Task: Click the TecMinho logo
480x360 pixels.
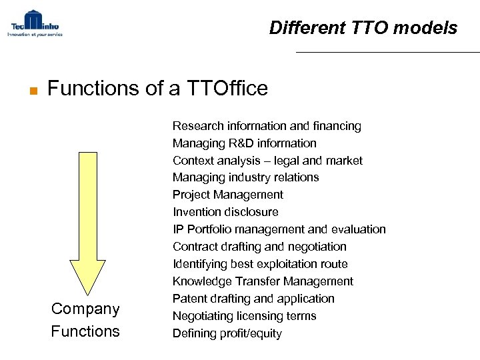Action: [x=35, y=23]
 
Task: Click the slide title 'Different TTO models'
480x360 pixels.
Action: [x=363, y=28]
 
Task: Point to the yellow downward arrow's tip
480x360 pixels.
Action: [x=88, y=294]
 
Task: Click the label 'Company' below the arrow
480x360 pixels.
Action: [x=85, y=309]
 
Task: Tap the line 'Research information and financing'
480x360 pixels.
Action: [x=267, y=126]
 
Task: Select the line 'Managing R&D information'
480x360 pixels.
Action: [x=245, y=143]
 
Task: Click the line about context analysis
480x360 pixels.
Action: [x=267, y=161]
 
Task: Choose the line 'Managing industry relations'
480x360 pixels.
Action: [x=245, y=177]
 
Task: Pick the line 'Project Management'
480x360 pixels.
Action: [x=228, y=195]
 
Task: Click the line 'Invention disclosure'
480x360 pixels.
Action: [x=225, y=212]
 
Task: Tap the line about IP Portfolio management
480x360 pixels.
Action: [x=279, y=229]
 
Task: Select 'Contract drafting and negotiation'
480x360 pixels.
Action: [x=259, y=247]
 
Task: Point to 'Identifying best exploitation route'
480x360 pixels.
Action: [x=260, y=264]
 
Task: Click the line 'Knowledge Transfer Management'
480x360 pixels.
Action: [x=263, y=281]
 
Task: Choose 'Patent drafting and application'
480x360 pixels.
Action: [x=253, y=299]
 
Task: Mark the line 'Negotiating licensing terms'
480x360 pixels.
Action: [x=244, y=316]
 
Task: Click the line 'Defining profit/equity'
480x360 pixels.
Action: [x=227, y=333]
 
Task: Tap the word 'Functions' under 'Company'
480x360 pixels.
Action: [x=85, y=331]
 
